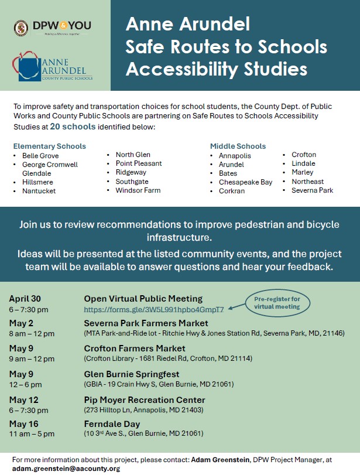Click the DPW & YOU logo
tap(53, 27)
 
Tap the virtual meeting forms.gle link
tap(154, 309)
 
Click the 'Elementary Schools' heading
tap(50, 146)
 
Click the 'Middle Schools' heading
tap(238, 146)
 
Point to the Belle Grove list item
tap(40, 156)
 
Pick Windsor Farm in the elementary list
tap(138, 190)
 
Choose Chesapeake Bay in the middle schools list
tap(245, 182)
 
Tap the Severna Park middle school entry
tap(312, 190)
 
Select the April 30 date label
tap(25, 299)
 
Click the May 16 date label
tap(23, 424)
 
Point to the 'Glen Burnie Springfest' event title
tap(132, 374)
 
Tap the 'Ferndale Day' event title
tap(112, 424)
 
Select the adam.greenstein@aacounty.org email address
tap(66, 469)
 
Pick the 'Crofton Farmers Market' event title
tap(135, 348)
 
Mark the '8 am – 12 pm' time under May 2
tap(32, 334)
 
